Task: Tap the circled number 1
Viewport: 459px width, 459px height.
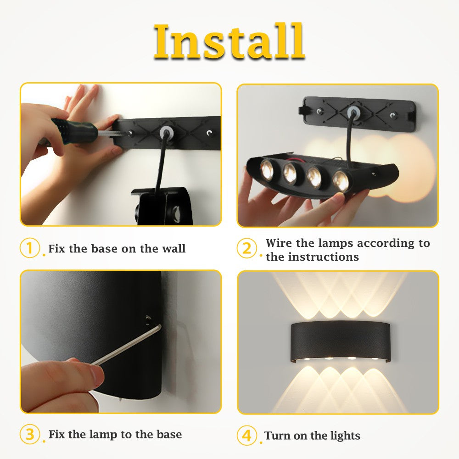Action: (30, 248)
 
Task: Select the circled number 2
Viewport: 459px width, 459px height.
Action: (247, 249)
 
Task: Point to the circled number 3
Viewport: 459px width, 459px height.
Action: (30, 434)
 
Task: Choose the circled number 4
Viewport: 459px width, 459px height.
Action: (247, 435)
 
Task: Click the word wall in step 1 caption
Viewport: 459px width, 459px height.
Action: (174, 249)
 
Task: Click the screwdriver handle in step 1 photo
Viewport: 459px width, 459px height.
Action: (76, 130)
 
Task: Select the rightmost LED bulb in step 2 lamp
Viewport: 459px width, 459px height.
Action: (341, 180)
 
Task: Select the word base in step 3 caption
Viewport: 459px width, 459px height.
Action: (168, 434)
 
